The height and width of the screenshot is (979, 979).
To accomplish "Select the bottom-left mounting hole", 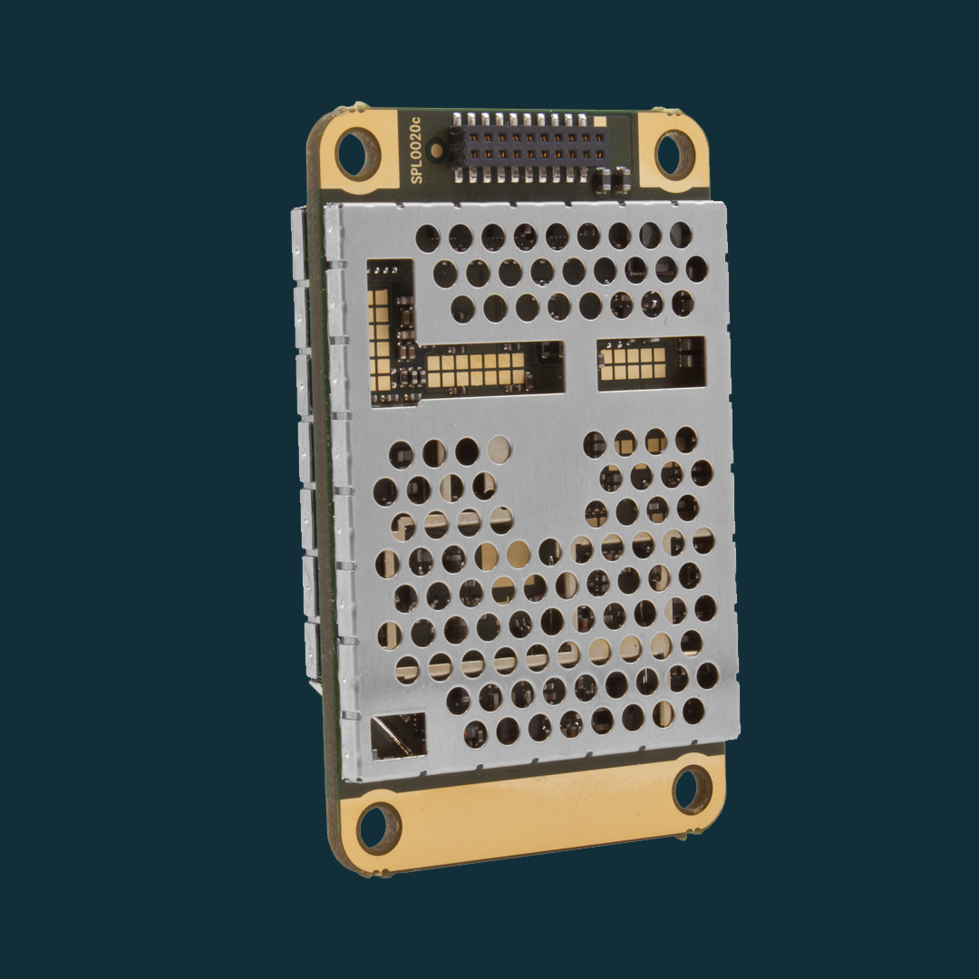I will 379,828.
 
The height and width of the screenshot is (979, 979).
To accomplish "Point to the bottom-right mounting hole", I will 693,790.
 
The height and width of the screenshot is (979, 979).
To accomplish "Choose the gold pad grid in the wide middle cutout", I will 476,368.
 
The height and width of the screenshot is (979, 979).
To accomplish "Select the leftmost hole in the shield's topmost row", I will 427,238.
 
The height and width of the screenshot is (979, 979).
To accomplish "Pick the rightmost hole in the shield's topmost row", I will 680,236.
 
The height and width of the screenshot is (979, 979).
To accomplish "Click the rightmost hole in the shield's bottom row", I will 695,711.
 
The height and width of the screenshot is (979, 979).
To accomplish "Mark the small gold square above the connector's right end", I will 603,121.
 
